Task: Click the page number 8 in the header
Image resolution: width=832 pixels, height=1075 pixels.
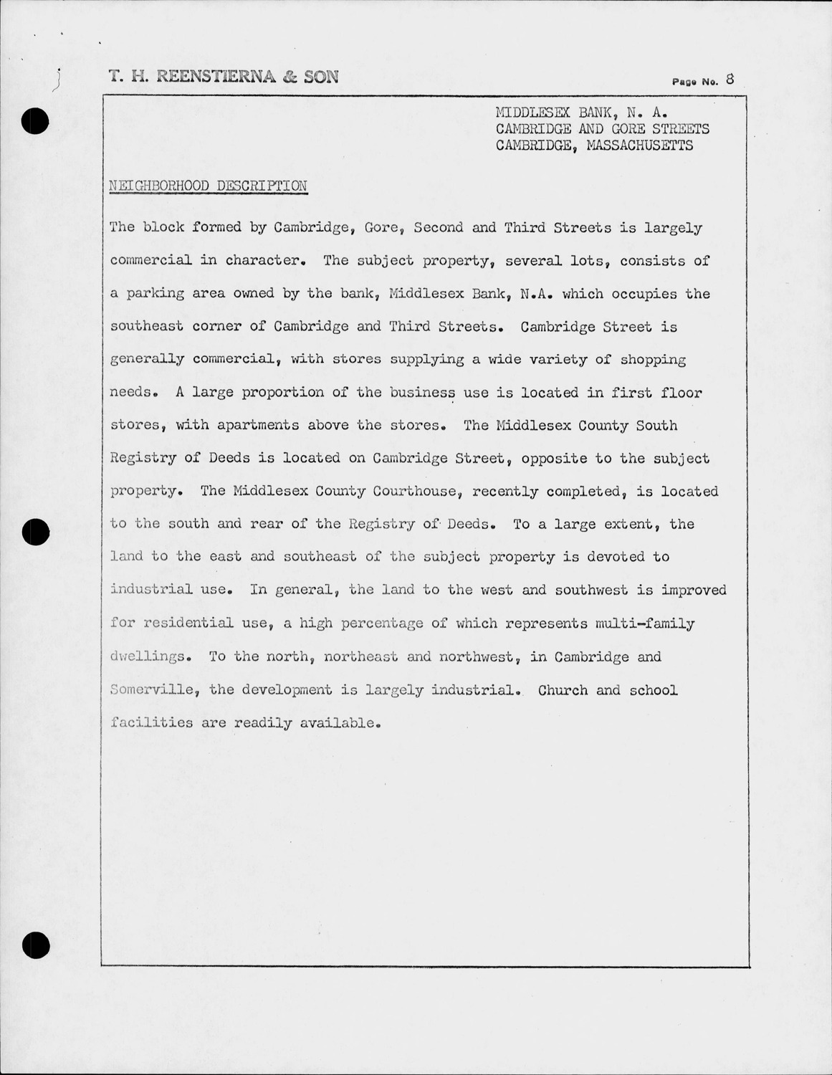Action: click(730, 79)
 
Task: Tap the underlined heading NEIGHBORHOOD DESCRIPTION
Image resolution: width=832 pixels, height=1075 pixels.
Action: click(209, 186)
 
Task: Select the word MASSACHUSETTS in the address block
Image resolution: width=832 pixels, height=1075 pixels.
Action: click(640, 145)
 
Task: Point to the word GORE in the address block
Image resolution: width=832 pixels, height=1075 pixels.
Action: click(628, 129)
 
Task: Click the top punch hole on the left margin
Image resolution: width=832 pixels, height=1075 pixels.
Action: click(35, 122)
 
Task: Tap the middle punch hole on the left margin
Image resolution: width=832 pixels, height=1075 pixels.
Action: click(35, 531)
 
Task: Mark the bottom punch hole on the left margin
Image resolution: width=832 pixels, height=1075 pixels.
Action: click(35, 946)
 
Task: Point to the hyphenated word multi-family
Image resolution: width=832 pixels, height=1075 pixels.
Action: click(645, 623)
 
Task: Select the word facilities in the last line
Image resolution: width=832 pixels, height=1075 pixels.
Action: click(152, 722)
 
